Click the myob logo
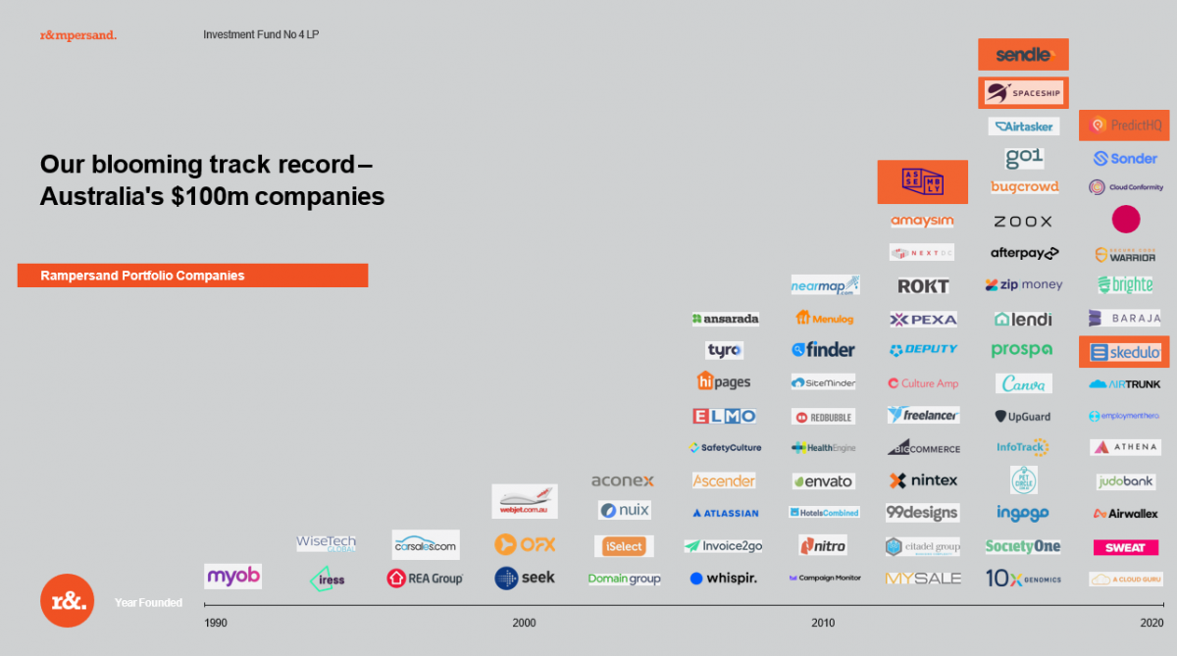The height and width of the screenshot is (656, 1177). click(x=232, y=576)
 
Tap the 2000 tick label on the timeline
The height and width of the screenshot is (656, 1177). click(x=524, y=623)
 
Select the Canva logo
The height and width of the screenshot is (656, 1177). click(x=1024, y=383)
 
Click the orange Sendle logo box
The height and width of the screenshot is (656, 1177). click(x=1023, y=55)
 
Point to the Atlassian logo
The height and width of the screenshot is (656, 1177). click(x=724, y=513)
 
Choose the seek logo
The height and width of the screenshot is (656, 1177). click(x=525, y=578)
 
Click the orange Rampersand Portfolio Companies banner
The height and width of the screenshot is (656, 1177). click(x=192, y=276)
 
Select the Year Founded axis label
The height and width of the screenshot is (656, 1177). click(x=148, y=603)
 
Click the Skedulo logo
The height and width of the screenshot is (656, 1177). click(x=1124, y=352)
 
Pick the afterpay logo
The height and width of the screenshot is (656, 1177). click(x=1024, y=253)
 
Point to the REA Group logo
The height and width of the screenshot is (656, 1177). click(x=425, y=579)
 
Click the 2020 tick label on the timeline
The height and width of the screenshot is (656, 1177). click(x=1151, y=623)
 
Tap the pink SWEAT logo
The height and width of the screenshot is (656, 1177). click(x=1125, y=547)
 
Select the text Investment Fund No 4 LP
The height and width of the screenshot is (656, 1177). click(x=261, y=34)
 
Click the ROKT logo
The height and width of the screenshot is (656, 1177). click(x=923, y=286)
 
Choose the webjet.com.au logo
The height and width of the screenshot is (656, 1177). click(x=525, y=500)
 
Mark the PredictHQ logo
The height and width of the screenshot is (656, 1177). click(x=1124, y=126)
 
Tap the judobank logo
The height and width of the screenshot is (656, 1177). click(x=1125, y=481)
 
